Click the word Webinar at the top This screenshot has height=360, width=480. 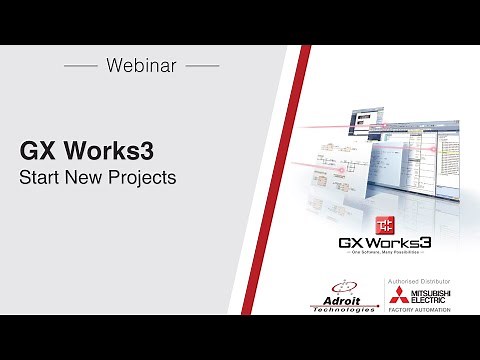[x=141, y=66]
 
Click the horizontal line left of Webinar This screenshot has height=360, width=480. [x=80, y=66]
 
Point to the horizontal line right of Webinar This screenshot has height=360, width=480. [x=202, y=66]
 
